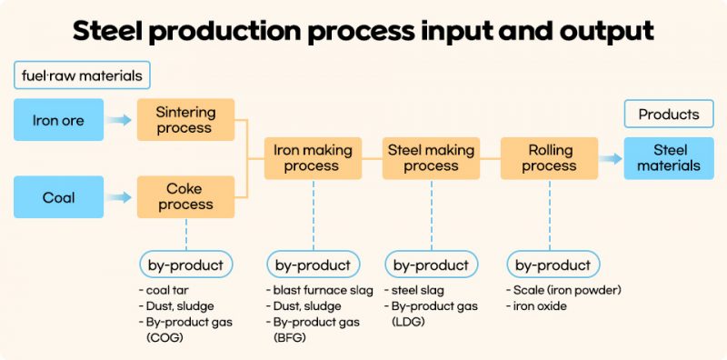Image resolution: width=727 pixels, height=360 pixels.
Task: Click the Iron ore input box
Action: pyautogui.click(x=58, y=120)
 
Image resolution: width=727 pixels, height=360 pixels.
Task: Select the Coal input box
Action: pyautogui.click(x=58, y=197)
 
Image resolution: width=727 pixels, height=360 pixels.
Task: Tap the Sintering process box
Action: pyautogui.click(x=185, y=120)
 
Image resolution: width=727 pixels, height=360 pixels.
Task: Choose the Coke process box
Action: pyautogui.click(x=185, y=197)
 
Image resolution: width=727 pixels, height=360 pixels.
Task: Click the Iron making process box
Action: pyautogui.click(x=312, y=158)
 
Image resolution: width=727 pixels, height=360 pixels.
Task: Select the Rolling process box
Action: pyautogui.click(x=549, y=158)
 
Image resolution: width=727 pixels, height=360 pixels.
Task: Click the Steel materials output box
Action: pyautogui.click(x=669, y=158)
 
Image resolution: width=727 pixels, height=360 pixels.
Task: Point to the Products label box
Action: pyautogui.click(x=669, y=115)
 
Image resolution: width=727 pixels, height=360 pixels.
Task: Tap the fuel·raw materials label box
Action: pyautogui.click(x=82, y=75)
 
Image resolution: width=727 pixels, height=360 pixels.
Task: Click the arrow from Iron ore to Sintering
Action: pyautogui.click(x=119, y=120)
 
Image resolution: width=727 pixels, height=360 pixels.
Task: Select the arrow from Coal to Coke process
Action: pyautogui.click(x=119, y=197)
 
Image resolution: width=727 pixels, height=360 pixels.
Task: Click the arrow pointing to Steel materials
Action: pyautogui.click(x=611, y=158)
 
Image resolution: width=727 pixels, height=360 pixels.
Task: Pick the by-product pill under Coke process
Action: pyautogui.click(x=185, y=265)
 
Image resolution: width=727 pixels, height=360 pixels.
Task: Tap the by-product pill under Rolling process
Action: pyautogui.click(x=553, y=265)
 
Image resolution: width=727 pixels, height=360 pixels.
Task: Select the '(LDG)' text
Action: pyautogui.click(x=411, y=322)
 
